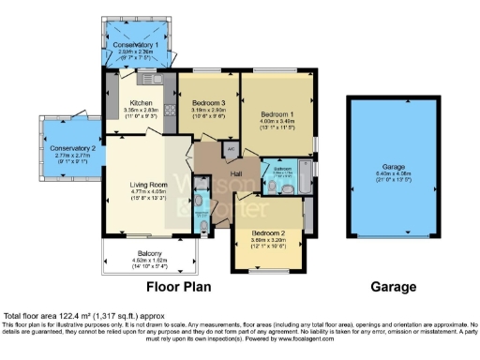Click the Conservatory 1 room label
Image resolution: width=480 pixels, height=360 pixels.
pos(136,44)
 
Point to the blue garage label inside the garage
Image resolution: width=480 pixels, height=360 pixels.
pos(392,167)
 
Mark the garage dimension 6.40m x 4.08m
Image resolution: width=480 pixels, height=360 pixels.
pos(392,173)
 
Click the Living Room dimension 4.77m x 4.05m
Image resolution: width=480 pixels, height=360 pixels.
pos(147,192)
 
